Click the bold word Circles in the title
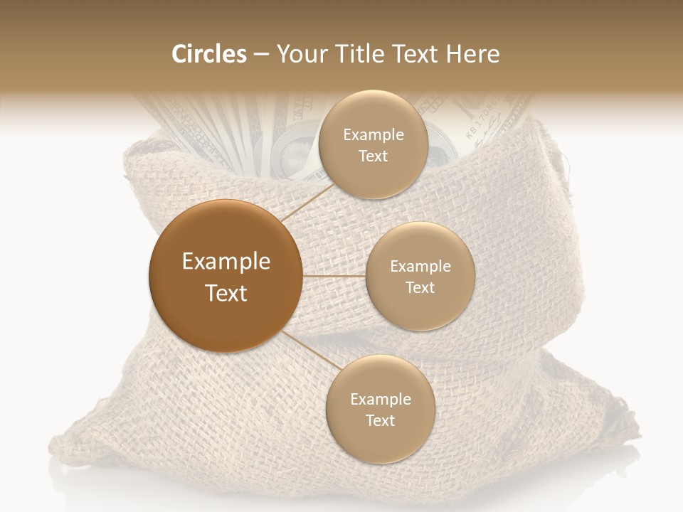(209, 54)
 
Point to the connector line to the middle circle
(334, 276)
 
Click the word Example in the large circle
(226, 262)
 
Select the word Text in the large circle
(226, 293)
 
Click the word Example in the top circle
(374, 134)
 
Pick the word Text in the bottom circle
(380, 420)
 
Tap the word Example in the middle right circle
(420, 266)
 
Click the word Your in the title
(300, 54)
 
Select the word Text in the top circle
(373, 156)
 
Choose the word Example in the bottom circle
(381, 399)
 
